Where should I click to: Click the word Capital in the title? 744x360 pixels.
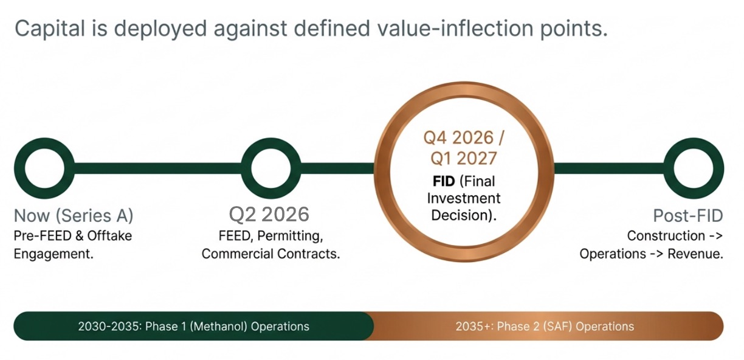tap(50, 29)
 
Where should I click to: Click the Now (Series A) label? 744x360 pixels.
tap(74, 215)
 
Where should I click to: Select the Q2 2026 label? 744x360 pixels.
tap(269, 214)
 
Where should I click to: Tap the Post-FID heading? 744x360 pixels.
tap(688, 215)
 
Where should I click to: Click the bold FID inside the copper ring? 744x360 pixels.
tap(444, 181)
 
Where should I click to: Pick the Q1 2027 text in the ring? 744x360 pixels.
tap(464, 158)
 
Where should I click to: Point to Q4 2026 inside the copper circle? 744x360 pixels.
tap(459, 137)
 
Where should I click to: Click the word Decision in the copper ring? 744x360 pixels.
tap(461, 215)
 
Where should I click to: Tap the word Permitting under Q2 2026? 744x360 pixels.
tap(290, 236)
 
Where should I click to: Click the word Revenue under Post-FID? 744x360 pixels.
tap(695, 254)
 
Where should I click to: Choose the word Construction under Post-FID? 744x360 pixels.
tap(666, 236)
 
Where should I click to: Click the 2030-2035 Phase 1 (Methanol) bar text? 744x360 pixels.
tap(194, 327)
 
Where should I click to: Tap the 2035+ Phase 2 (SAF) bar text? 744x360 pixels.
tap(545, 327)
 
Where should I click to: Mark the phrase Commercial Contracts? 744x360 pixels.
tap(270, 254)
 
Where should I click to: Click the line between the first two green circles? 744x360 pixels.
tap(158, 168)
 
